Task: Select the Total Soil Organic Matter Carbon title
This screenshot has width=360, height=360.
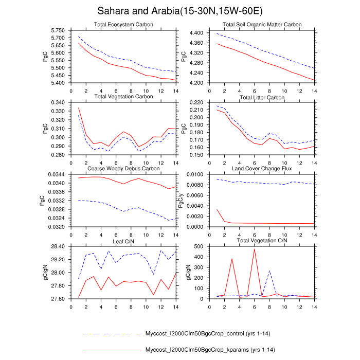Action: tap(262, 25)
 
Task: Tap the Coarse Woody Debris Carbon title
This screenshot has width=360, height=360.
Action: tap(123, 168)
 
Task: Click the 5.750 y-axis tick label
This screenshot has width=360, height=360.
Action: tap(59, 30)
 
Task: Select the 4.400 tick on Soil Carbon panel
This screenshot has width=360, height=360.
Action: tap(197, 33)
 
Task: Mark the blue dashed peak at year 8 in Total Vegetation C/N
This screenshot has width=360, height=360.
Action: tap(269, 271)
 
